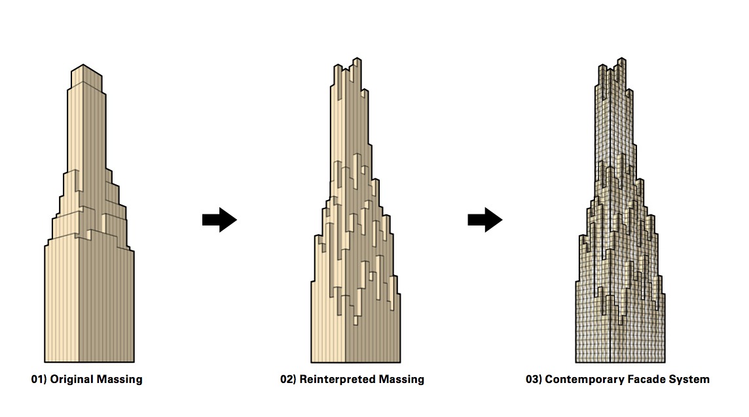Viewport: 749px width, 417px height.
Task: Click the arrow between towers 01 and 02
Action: pyautogui.click(x=219, y=220)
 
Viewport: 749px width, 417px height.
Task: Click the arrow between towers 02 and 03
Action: pyautogui.click(x=484, y=220)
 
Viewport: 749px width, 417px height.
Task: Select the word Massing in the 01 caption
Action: pyautogui.click(x=119, y=379)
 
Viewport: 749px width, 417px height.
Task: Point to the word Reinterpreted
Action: pyautogui.click(x=340, y=379)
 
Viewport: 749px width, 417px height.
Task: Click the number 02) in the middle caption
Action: pyautogui.click(x=288, y=379)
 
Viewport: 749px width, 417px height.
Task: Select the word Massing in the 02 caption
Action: pyautogui.click(x=400, y=379)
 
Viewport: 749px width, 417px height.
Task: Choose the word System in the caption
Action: pyautogui.click(x=689, y=379)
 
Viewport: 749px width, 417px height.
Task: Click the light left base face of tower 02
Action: pyautogui.click(x=325, y=333)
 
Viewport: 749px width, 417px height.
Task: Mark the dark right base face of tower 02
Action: pyautogui.click(x=373, y=340)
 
